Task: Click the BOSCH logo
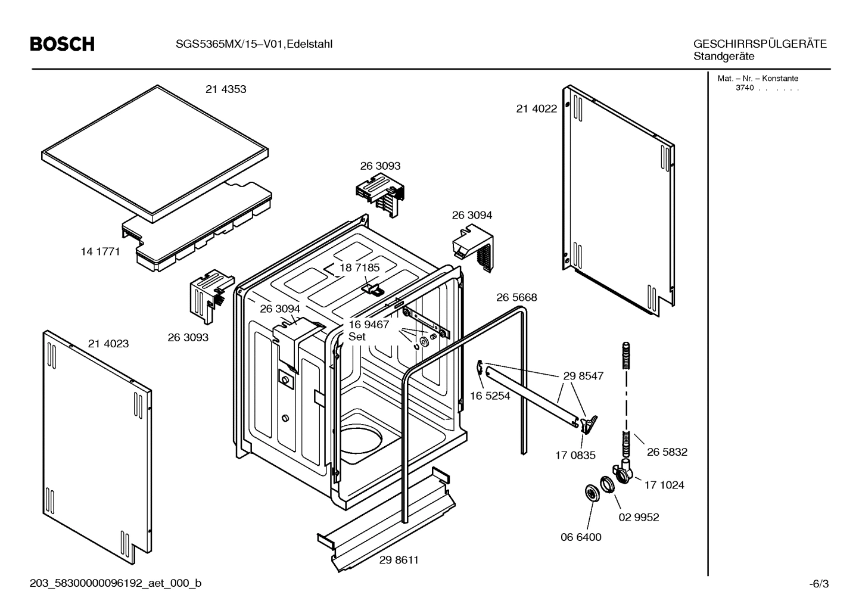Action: (x=62, y=44)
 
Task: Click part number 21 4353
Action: (x=226, y=89)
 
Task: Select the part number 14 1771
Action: (x=100, y=251)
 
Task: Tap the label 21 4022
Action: (x=536, y=108)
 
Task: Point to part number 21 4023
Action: (x=108, y=344)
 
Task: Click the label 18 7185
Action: (x=359, y=268)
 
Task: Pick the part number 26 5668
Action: (x=516, y=297)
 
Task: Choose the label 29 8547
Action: (x=583, y=376)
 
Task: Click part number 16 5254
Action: (x=490, y=396)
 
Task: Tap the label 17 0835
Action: (x=575, y=455)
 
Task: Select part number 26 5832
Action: (x=667, y=452)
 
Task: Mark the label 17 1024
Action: (x=664, y=485)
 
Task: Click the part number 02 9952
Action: (x=639, y=517)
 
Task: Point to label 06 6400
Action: (x=581, y=537)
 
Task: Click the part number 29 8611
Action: (x=399, y=560)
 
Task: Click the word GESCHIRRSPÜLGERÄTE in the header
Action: (x=760, y=44)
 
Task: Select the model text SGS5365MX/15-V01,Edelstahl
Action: (x=254, y=44)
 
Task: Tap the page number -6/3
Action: (x=818, y=584)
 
